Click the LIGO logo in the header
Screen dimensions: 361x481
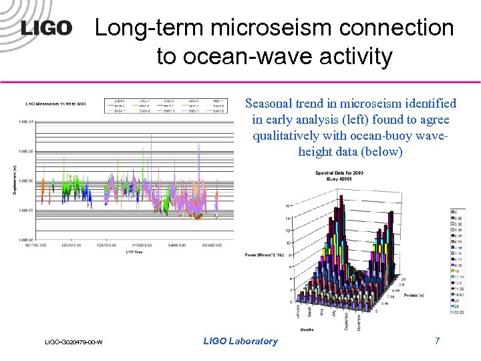(45, 28)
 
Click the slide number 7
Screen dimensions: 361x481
(437, 341)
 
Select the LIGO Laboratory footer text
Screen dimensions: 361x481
(240, 341)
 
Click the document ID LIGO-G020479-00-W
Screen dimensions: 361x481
(73, 342)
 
